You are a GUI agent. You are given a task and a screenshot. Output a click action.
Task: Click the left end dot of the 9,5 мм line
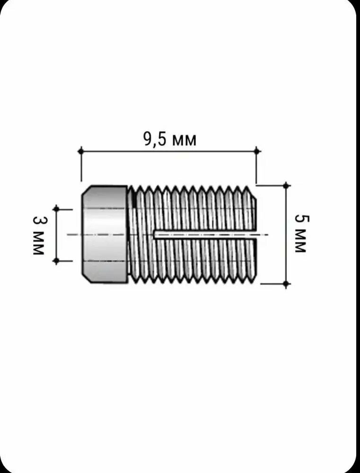(x=81, y=150)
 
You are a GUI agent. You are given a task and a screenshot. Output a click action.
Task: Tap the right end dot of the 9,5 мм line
(x=257, y=150)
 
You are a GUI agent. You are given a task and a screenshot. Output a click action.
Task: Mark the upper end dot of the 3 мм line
(x=56, y=209)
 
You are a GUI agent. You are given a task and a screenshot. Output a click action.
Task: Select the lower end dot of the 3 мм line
(x=56, y=261)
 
